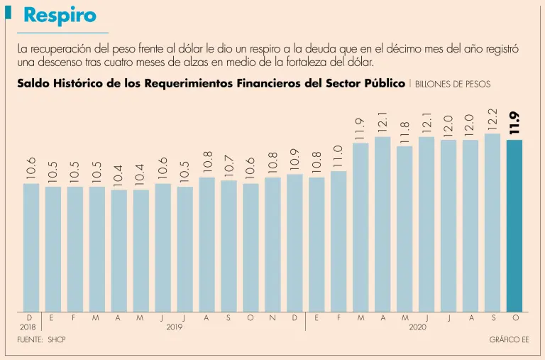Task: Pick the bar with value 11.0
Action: click(338, 241)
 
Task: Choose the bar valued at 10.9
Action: click(294, 242)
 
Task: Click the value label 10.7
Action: click(229, 165)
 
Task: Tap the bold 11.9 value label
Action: click(514, 124)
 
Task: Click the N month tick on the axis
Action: click(272, 318)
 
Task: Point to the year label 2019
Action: click(175, 327)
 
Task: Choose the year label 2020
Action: click(418, 327)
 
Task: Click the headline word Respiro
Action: click(60, 15)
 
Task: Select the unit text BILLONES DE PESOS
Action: click(452, 84)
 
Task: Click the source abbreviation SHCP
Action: click(57, 341)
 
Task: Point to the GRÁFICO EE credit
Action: click(509, 341)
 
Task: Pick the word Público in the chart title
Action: click(384, 83)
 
